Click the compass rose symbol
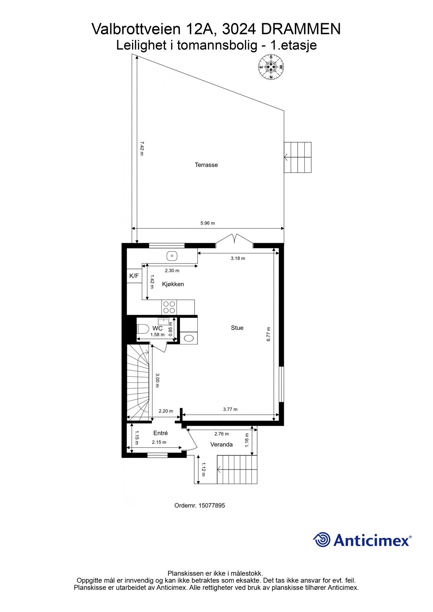point(271,67)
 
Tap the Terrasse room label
point(206,165)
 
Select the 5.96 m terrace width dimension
point(207,223)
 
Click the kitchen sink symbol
point(172,255)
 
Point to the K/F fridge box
point(134,276)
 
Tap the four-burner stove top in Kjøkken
point(169,307)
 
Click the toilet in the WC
point(142,329)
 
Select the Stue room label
point(237,328)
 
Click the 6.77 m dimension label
point(268,334)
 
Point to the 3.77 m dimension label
point(230,409)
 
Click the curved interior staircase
point(138,382)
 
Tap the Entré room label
point(161,433)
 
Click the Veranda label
point(221,444)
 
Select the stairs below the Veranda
point(237,470)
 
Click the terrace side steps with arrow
point(298,157)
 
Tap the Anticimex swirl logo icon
point(321,540)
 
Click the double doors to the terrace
point(234,239)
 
